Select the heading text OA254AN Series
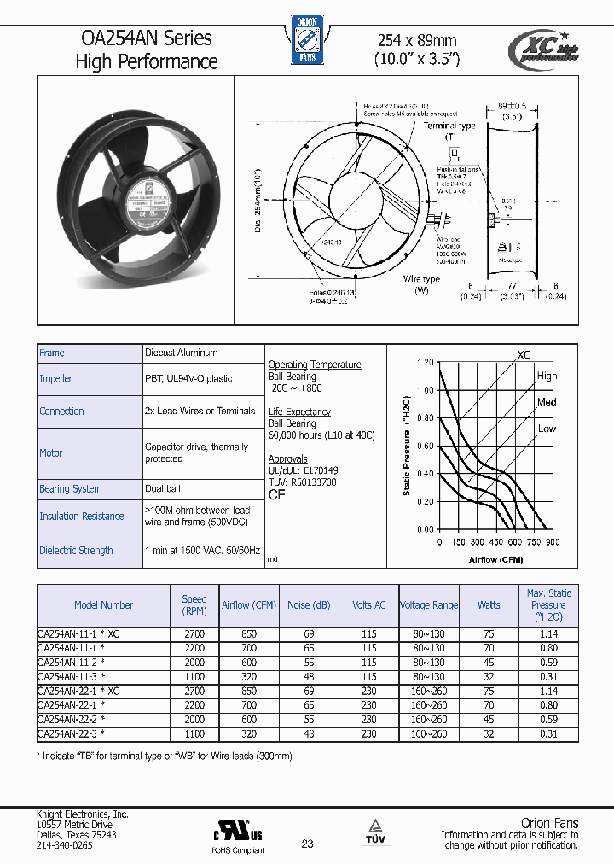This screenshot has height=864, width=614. pyautogui.click(x=146, y=38)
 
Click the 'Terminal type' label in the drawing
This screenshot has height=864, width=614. pyautogui.click(x=449, y=126)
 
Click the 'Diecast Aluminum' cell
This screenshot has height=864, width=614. pyautogui.click(x=181, y=353)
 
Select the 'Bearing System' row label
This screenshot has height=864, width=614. pyautogui.click(x=70, y=489)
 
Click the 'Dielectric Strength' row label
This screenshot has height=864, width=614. pyautogui.click(x=76, y=551)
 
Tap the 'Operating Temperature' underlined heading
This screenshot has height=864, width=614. pyautogui.click(x=315, y=365)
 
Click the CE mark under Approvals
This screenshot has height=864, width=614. pyautogui.click(x=277, y=495)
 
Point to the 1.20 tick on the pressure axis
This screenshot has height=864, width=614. pyautogui.click(x=425, y=362)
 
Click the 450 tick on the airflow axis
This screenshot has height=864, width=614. pyautogui.click(x=495, y=542)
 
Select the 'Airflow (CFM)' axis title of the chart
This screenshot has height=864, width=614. pyautogui.click(x=495, y=560)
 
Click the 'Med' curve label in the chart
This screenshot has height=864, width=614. pyautogui.click(x=547, y=402)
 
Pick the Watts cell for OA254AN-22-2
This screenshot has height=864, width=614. pyautogui.click(x=489, y=720)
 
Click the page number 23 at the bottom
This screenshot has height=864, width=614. pyautogui.click(x=307, y=844)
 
